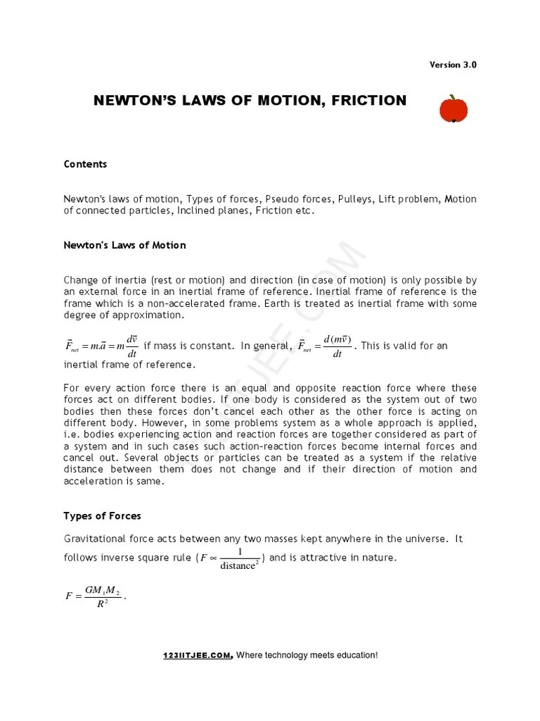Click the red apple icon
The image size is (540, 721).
pyautogui.click(x=454, y=109)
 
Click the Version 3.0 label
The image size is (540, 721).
pyautogui.click(x=453, y=65)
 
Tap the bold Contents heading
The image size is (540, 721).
pyautogui.click(x=85, y=164)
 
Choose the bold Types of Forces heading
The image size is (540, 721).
pyautogui.click(x=102, y=516)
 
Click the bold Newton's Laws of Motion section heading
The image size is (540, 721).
pyautogui.click(x=124, y=245)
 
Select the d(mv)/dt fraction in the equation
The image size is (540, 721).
pyautogui.click(x=337, y=346)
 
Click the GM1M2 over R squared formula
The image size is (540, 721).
pyautogui.click(x=94, y=596)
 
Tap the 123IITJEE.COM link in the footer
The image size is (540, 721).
pyautogui.click(x=198, y=656)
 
